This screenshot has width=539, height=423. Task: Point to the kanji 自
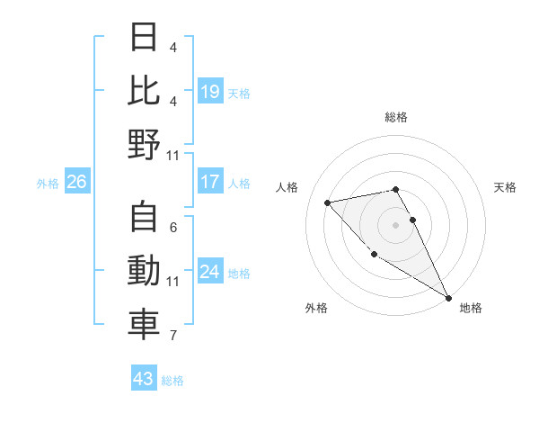tap(143, 220)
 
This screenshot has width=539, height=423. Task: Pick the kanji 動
tap(143, 273)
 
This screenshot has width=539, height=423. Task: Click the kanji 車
tap(143, 326)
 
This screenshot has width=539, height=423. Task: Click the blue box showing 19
tap(209, 92)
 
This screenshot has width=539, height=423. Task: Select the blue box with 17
tap(209, 182)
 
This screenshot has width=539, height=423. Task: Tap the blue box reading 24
tap(209, 272)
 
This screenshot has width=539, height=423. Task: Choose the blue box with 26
tap(77, 183)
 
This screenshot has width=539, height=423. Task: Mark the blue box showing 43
tap(143, 379)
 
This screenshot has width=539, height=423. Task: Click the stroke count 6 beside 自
tap(172, 228)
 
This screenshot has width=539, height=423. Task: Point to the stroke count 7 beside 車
tap(172, 336)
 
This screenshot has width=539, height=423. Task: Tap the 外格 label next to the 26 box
tap(48, 184)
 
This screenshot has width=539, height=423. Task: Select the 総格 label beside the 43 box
tap(172, 381)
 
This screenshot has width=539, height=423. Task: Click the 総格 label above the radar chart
tap(395, 117)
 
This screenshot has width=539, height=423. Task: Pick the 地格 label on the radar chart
tap(471, 308)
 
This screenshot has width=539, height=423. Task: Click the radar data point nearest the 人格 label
tap(328, 202)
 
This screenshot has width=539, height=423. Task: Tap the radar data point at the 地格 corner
tap(448, 298)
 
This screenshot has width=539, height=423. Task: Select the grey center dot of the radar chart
tap(395, 225)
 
